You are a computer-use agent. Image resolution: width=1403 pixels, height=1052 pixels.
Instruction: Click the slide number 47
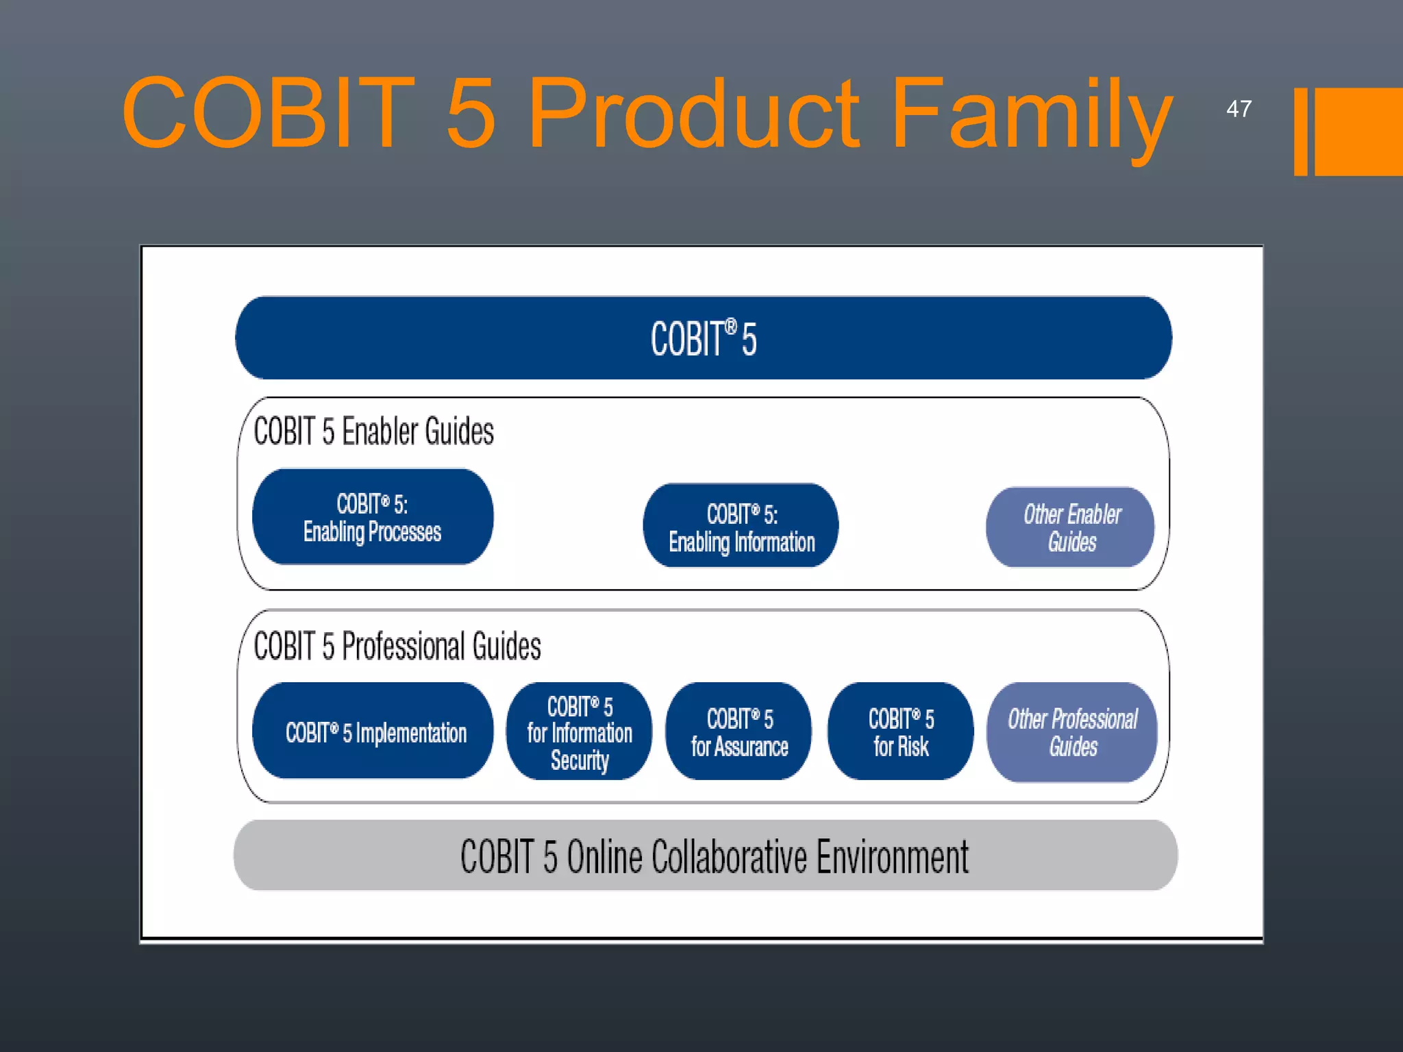1239,109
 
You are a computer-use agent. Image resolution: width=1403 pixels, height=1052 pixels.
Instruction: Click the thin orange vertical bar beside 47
1300,131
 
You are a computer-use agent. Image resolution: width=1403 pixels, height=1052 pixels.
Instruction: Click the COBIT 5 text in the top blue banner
704,338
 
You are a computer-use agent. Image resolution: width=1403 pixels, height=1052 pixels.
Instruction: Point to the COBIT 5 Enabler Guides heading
373,431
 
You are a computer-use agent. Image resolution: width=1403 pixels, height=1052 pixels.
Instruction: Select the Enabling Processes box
373,517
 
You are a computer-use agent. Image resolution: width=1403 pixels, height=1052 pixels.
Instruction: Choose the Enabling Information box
741,526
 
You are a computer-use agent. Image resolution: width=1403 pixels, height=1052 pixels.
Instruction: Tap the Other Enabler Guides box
1071,527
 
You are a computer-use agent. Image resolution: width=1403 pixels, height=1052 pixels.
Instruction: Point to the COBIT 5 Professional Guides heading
397,646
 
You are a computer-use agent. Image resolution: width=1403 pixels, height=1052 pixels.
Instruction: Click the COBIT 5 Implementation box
373,731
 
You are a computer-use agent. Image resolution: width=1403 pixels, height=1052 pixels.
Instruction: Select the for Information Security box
580,731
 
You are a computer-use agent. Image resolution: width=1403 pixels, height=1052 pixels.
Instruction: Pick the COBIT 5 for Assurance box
739,731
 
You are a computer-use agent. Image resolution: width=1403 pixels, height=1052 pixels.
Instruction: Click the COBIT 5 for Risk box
901,731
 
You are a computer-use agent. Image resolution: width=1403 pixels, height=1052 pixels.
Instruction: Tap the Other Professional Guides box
1072,731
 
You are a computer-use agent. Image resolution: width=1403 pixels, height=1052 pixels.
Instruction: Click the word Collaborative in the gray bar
729,857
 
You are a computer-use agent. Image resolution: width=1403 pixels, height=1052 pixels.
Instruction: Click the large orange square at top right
1358,131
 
